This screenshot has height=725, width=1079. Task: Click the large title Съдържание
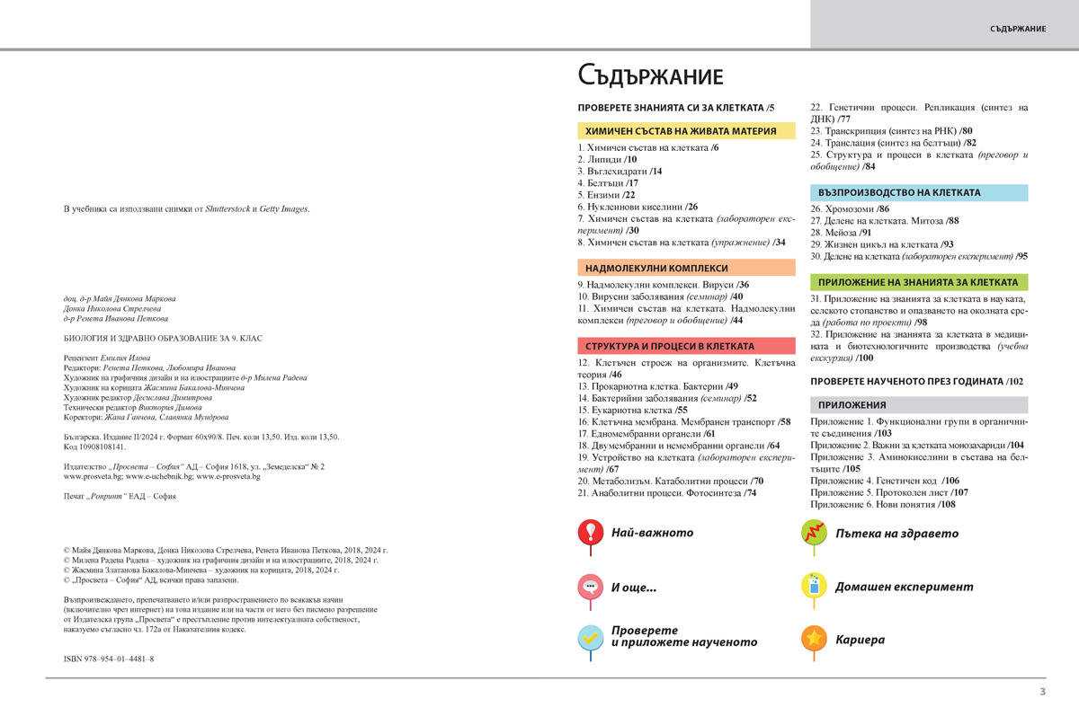650,75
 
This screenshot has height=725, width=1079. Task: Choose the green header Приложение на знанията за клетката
918,282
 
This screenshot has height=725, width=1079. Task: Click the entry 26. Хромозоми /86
850,208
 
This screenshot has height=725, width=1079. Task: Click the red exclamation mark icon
590,532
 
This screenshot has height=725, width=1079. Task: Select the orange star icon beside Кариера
814,639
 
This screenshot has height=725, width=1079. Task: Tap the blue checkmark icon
590,638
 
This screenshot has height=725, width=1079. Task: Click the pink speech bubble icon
590,586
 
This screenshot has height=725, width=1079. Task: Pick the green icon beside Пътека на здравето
814,532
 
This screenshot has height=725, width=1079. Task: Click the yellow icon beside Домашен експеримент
814,586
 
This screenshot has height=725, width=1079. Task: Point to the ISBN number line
109,659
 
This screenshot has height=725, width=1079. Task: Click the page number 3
1042,691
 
